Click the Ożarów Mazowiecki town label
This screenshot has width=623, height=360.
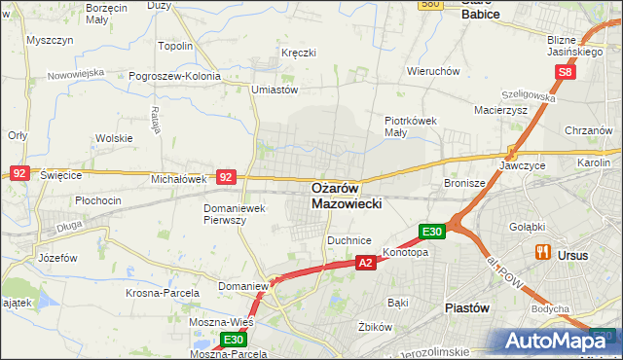click(x=348, y=195)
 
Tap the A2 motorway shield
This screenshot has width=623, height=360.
click(x=365, y=263)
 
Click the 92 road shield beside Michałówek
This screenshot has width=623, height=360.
click(x=226, y=177)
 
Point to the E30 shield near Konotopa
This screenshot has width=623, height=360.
click(x=433, y=232)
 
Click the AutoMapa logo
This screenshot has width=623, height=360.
click(x=560, y=340)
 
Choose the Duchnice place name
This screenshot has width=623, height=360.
click(x=349, y=238)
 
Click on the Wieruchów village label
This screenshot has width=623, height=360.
click(x=433, y=71)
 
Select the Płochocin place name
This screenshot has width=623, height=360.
click(x=97, y=200)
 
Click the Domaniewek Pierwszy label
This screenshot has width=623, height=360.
click(x=238, y=214)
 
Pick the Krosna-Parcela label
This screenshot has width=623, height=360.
click(x=163, y=292)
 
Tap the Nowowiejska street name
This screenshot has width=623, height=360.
click(x=78, y=73)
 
